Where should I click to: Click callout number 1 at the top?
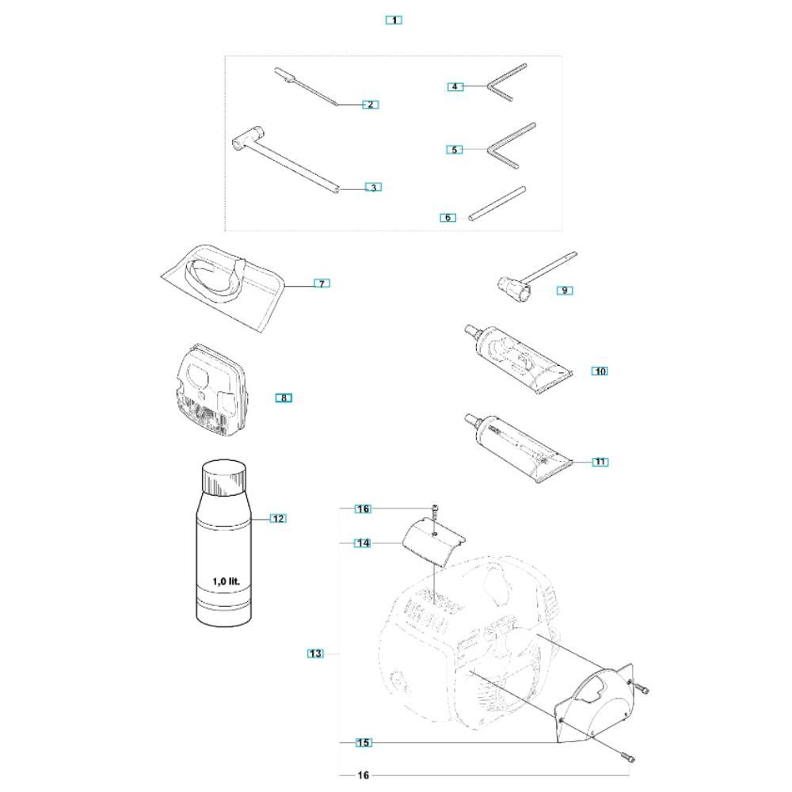(394, 20)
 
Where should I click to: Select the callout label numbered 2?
(370, 105)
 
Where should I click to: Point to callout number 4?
(455, 86)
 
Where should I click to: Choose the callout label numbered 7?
(321, 284)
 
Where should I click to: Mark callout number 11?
(600, 462)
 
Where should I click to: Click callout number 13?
(315, 653)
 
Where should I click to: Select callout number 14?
(362, 543)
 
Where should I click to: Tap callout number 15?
(363, 743)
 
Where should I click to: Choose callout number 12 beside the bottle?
(277, 519)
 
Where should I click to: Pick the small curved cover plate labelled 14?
(432, 543)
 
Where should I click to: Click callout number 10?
(600, 371)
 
